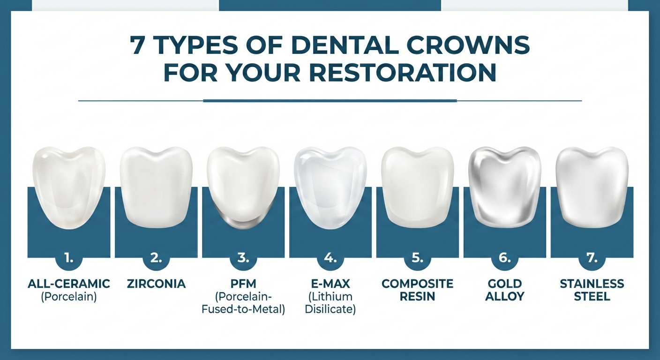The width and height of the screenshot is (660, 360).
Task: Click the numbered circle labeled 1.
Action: coord(69,258)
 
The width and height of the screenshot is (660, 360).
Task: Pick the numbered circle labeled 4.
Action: coord(330,258)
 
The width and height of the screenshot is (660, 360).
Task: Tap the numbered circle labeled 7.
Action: coord(592,258)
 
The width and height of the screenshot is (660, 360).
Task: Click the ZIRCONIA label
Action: coord(156,284)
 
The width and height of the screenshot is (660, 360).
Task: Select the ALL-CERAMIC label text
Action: coord(69,284)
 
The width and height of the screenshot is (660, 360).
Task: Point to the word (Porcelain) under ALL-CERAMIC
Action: coord(69,297)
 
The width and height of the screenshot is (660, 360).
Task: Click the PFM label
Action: coord(243,284)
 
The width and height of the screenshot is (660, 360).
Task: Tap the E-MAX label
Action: coord(330,284)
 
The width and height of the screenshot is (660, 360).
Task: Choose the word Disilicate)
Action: coord(330,309)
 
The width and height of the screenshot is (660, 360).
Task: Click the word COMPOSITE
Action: coord(417,284)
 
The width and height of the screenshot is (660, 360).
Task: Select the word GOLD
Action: coord(504,284)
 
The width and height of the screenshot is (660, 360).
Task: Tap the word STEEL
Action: coord(592,296)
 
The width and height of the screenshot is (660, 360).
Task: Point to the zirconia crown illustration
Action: coord(156,185)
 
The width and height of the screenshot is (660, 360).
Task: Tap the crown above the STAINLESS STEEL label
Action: coord(592,185)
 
